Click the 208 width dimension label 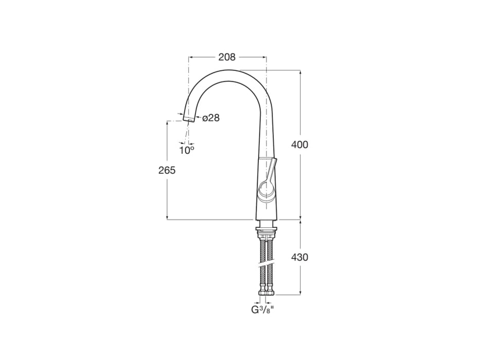[x=227, y=57]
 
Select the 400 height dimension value [x=299, y=145]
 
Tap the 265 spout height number [x=167, y=170]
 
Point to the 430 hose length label [x=299, y=257]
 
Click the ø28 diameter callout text [x=211, y=118]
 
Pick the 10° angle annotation [x=186, y=150]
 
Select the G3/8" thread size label [x=262, y=310]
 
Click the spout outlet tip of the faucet [x=189, y=119]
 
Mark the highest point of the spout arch [x=229, y=70]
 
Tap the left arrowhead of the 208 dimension [x=190, y=57]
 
